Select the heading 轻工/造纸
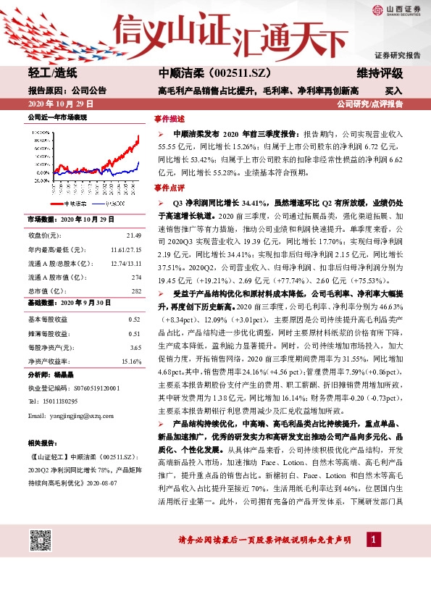tap(51, 73)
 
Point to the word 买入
tap(393, 91)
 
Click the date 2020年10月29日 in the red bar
tap(57, 104)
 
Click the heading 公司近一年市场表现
tap(57, 116)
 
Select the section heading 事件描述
tap(170, 119)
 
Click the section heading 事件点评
tap(170, 188)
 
